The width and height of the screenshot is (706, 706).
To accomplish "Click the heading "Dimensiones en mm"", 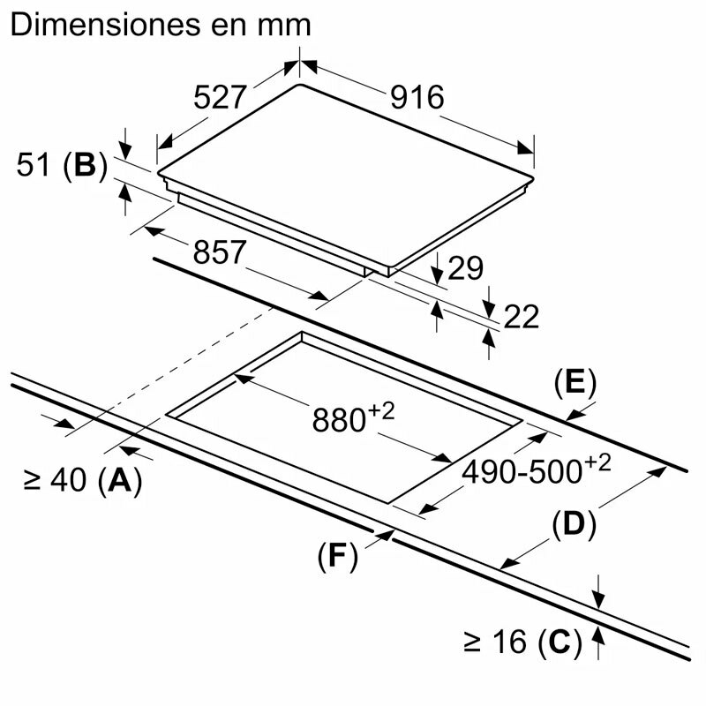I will coord(160,25).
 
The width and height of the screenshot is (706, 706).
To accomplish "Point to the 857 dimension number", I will coord(218,253).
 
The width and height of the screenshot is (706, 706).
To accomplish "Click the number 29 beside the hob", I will coord(466,268).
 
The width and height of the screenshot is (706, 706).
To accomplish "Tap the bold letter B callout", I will coord(85,165).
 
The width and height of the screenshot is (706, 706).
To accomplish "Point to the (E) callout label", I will coord(575,383).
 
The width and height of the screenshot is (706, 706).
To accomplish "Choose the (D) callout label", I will coord(574,524).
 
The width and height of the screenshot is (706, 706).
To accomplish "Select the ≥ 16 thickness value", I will coord(494,642).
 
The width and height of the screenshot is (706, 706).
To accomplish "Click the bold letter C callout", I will coord(560,642).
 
